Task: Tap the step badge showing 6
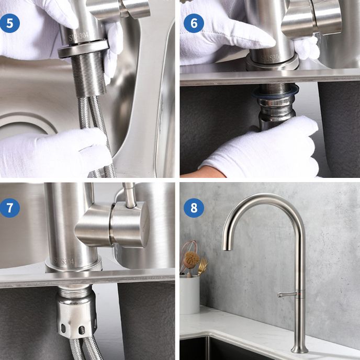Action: pos(194,23)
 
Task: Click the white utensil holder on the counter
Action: pos(189,294)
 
